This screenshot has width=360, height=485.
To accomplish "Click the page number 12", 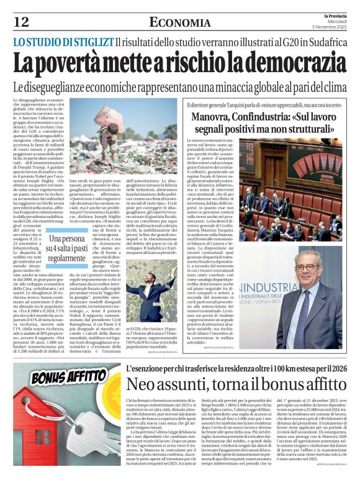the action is click(x=21, y=22).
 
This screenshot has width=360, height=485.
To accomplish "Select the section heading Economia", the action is click(x=180, y=23).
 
